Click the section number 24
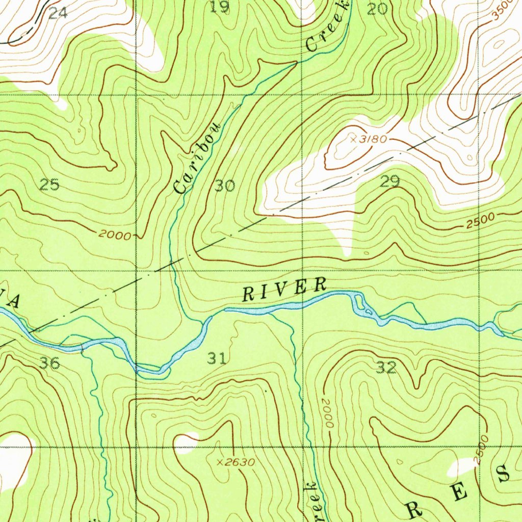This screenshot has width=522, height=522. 58,13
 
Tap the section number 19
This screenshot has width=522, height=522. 220,7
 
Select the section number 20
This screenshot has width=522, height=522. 377,8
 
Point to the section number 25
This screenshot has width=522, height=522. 49,185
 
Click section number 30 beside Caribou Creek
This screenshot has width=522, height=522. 224,186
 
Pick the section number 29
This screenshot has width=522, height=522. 390,181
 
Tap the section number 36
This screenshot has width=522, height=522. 49,363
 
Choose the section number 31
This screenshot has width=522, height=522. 217,359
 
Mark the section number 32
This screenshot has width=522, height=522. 386,368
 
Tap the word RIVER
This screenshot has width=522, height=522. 284,290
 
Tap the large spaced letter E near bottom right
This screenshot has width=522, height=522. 458,492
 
